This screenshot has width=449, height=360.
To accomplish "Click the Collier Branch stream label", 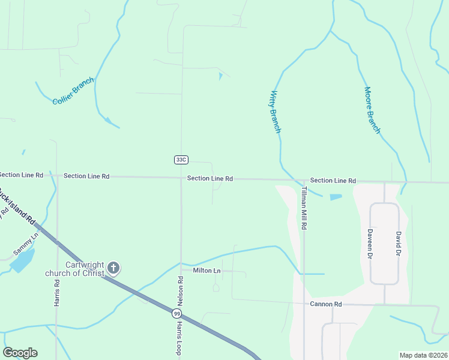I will point(73,92).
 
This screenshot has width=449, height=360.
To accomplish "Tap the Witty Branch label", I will point(275,112).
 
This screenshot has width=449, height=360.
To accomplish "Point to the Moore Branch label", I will point(372,110).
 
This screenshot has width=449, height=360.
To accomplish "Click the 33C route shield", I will point(181,160).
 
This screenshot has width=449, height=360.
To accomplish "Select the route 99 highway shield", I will point(176,313).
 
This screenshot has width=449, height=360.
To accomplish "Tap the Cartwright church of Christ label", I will point(75,269).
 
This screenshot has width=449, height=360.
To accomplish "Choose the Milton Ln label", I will point(207,271).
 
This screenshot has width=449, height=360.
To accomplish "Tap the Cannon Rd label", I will point(326,304).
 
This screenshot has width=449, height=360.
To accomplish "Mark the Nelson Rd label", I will point(179,289).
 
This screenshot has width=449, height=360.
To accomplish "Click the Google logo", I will point(20,353).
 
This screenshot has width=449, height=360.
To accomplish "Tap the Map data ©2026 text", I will point(423,355).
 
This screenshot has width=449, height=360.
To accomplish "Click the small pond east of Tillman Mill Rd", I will point(336,196).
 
